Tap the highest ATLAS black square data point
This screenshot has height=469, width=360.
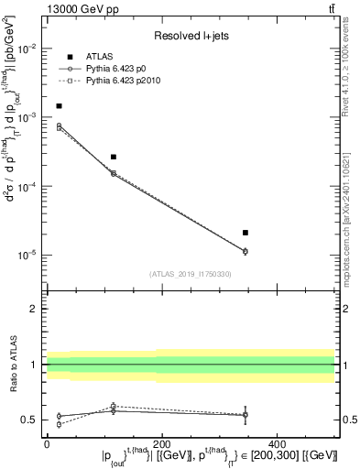(59, 106)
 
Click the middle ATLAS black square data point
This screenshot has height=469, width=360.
(114, 157)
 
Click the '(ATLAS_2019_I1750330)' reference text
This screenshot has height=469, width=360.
(190, 274)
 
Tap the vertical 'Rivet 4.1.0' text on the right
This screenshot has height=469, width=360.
(350, 55)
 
